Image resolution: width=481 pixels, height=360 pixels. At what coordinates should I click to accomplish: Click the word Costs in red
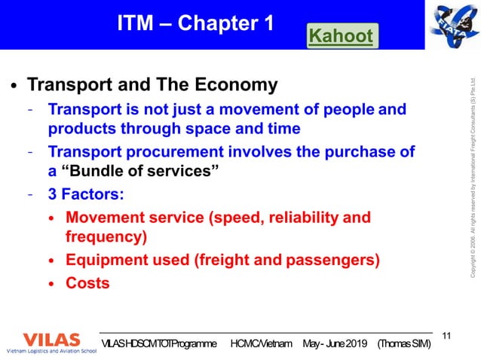coord(87,283)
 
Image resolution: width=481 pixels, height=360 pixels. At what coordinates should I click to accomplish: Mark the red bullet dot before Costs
coord(51,284)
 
